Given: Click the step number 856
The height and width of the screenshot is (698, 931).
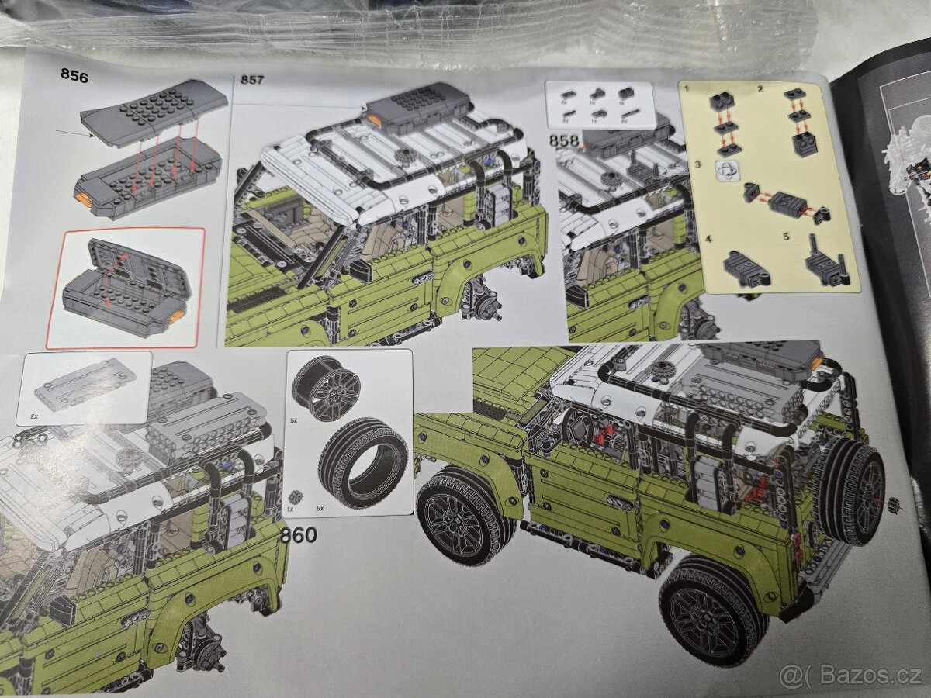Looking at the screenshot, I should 74,76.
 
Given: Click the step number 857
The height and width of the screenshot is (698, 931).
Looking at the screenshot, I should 252,80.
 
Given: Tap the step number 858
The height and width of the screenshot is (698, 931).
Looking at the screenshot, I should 564,141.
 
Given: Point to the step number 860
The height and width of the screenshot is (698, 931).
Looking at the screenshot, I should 299,535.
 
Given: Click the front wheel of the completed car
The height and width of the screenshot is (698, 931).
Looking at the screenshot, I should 460,518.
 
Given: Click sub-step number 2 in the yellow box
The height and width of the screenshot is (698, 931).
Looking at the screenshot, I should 760,90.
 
